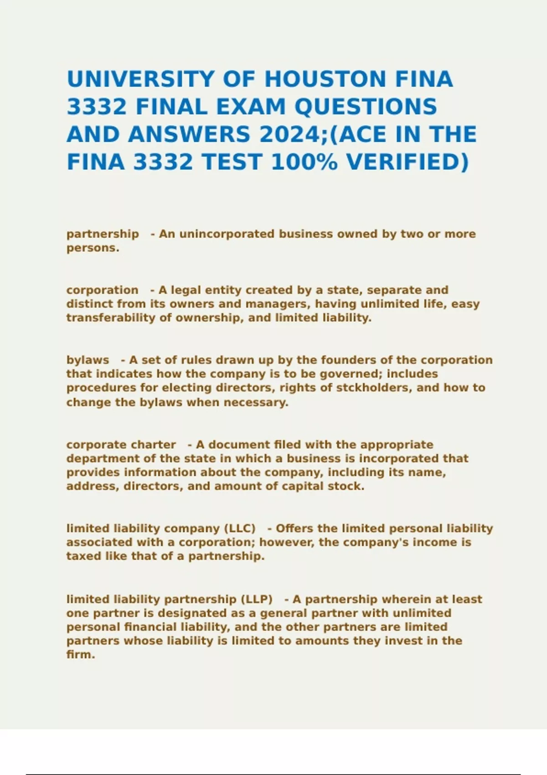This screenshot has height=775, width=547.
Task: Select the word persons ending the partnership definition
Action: coord(92,248)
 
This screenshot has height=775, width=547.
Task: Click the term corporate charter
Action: coord(121,444)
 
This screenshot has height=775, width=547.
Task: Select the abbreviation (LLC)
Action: coord(240,529)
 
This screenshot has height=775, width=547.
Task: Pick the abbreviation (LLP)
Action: coord(257,599)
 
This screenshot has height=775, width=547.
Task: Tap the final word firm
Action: coord(80,655)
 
